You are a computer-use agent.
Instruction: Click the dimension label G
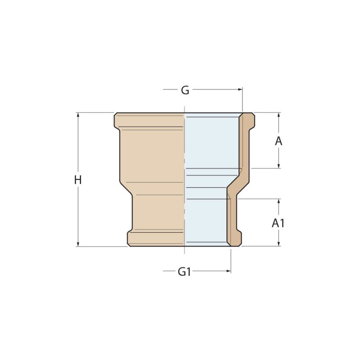[185, 90]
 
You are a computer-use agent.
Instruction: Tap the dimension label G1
[184, 272]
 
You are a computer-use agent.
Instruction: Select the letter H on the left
[78, 180]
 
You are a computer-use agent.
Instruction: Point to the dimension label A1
[278, 223]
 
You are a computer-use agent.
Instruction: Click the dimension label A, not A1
[279, 141]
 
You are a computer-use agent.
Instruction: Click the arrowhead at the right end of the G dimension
[240, 89]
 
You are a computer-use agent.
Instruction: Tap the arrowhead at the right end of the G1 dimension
[229, 271]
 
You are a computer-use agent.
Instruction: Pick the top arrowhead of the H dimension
[78, 115]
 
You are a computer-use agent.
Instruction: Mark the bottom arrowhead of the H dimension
[78, 244]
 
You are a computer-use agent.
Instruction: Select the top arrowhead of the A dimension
[279, 115]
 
